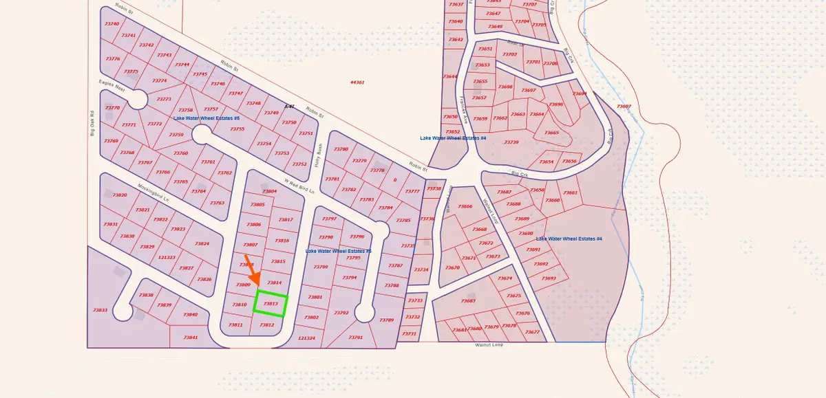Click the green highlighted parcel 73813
(x=270, y=302)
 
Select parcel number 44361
(x=357, y=82)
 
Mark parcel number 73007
(x=624, y=107)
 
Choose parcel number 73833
(x=100, y=310)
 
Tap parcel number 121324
(x=306, y=338)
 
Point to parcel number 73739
(x=511, y=142)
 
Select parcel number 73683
(x=468, y=301)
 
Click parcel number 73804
(x=270, y=191)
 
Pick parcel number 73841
(x=191, y=338)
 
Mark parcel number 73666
(x=465, y=207)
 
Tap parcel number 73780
(x=341, y=149)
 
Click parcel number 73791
(x=355, y=338)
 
